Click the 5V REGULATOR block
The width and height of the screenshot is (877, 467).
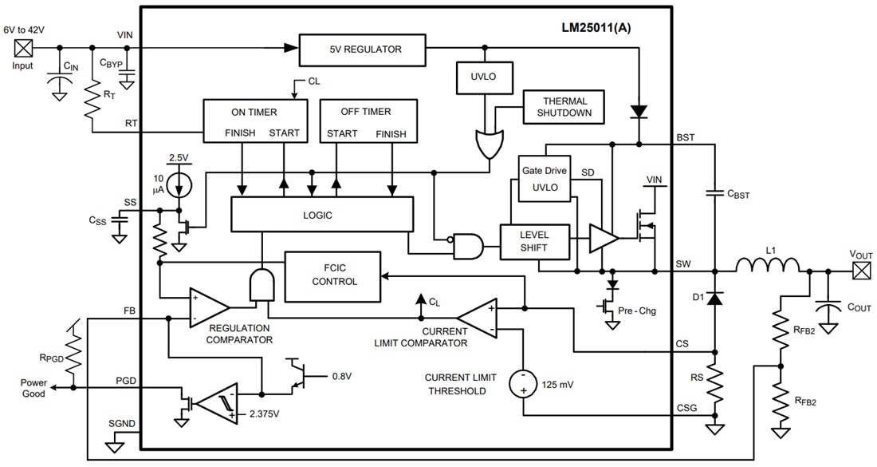click(363, 49)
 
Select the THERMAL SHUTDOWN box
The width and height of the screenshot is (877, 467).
click(565, 107)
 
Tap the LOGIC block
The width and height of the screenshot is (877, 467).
click(322, 216)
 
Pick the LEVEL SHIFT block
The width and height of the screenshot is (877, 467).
click(535, 242)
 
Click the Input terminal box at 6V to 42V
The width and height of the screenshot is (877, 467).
click(22, 48)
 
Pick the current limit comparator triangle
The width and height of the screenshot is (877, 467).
click(482, 319)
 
